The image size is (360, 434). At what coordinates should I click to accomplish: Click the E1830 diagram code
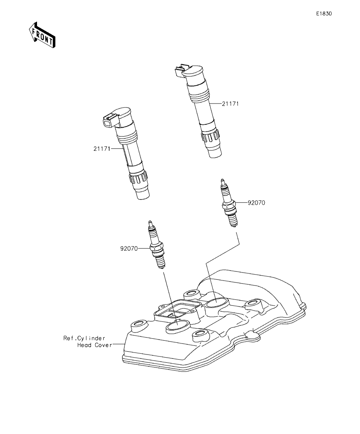tap(324, 13)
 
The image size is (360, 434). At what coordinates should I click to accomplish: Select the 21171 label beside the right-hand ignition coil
tap(230, 104)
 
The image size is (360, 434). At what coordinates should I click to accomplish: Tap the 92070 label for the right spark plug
tap(256, 203)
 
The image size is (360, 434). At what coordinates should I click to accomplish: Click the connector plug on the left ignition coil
tap(108, 120)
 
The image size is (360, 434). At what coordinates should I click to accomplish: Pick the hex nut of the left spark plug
tap(157, 249)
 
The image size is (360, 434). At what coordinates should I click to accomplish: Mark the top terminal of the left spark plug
tap(150, 223)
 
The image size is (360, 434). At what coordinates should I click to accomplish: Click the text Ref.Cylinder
tap(84, 338)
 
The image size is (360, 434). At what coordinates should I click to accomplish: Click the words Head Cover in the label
tap(94, 345)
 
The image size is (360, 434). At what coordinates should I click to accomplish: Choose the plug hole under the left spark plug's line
tap(178, 326)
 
